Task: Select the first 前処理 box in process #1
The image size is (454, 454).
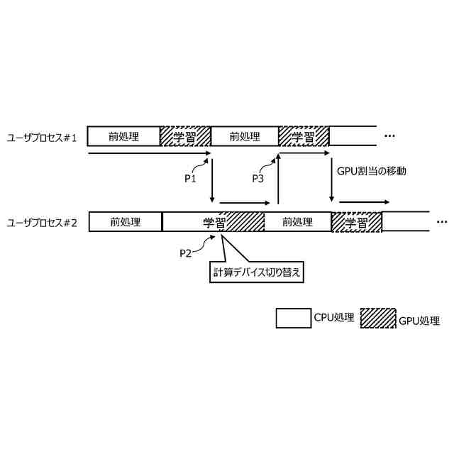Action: point(123,136)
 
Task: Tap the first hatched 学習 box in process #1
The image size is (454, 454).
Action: point(185,136)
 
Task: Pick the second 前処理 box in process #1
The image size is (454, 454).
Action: point(245,136)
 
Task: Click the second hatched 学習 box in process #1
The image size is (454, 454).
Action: point(304,136)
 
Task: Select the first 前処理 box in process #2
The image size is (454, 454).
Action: point(125,221)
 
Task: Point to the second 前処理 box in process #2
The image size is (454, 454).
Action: point(297,221)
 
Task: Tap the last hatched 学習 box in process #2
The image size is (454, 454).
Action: point(356,222)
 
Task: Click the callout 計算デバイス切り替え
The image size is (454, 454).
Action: point(257,272)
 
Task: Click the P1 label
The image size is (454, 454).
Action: point(190,179)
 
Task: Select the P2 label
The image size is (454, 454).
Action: point(186,253)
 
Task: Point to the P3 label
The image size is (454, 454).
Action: point(258,179)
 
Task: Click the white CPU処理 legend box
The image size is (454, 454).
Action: point(294,319)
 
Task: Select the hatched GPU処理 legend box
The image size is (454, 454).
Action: point(378,319)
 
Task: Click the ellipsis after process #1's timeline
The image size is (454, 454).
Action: point(390,135)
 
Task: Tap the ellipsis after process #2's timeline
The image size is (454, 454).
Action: point(442,221)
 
